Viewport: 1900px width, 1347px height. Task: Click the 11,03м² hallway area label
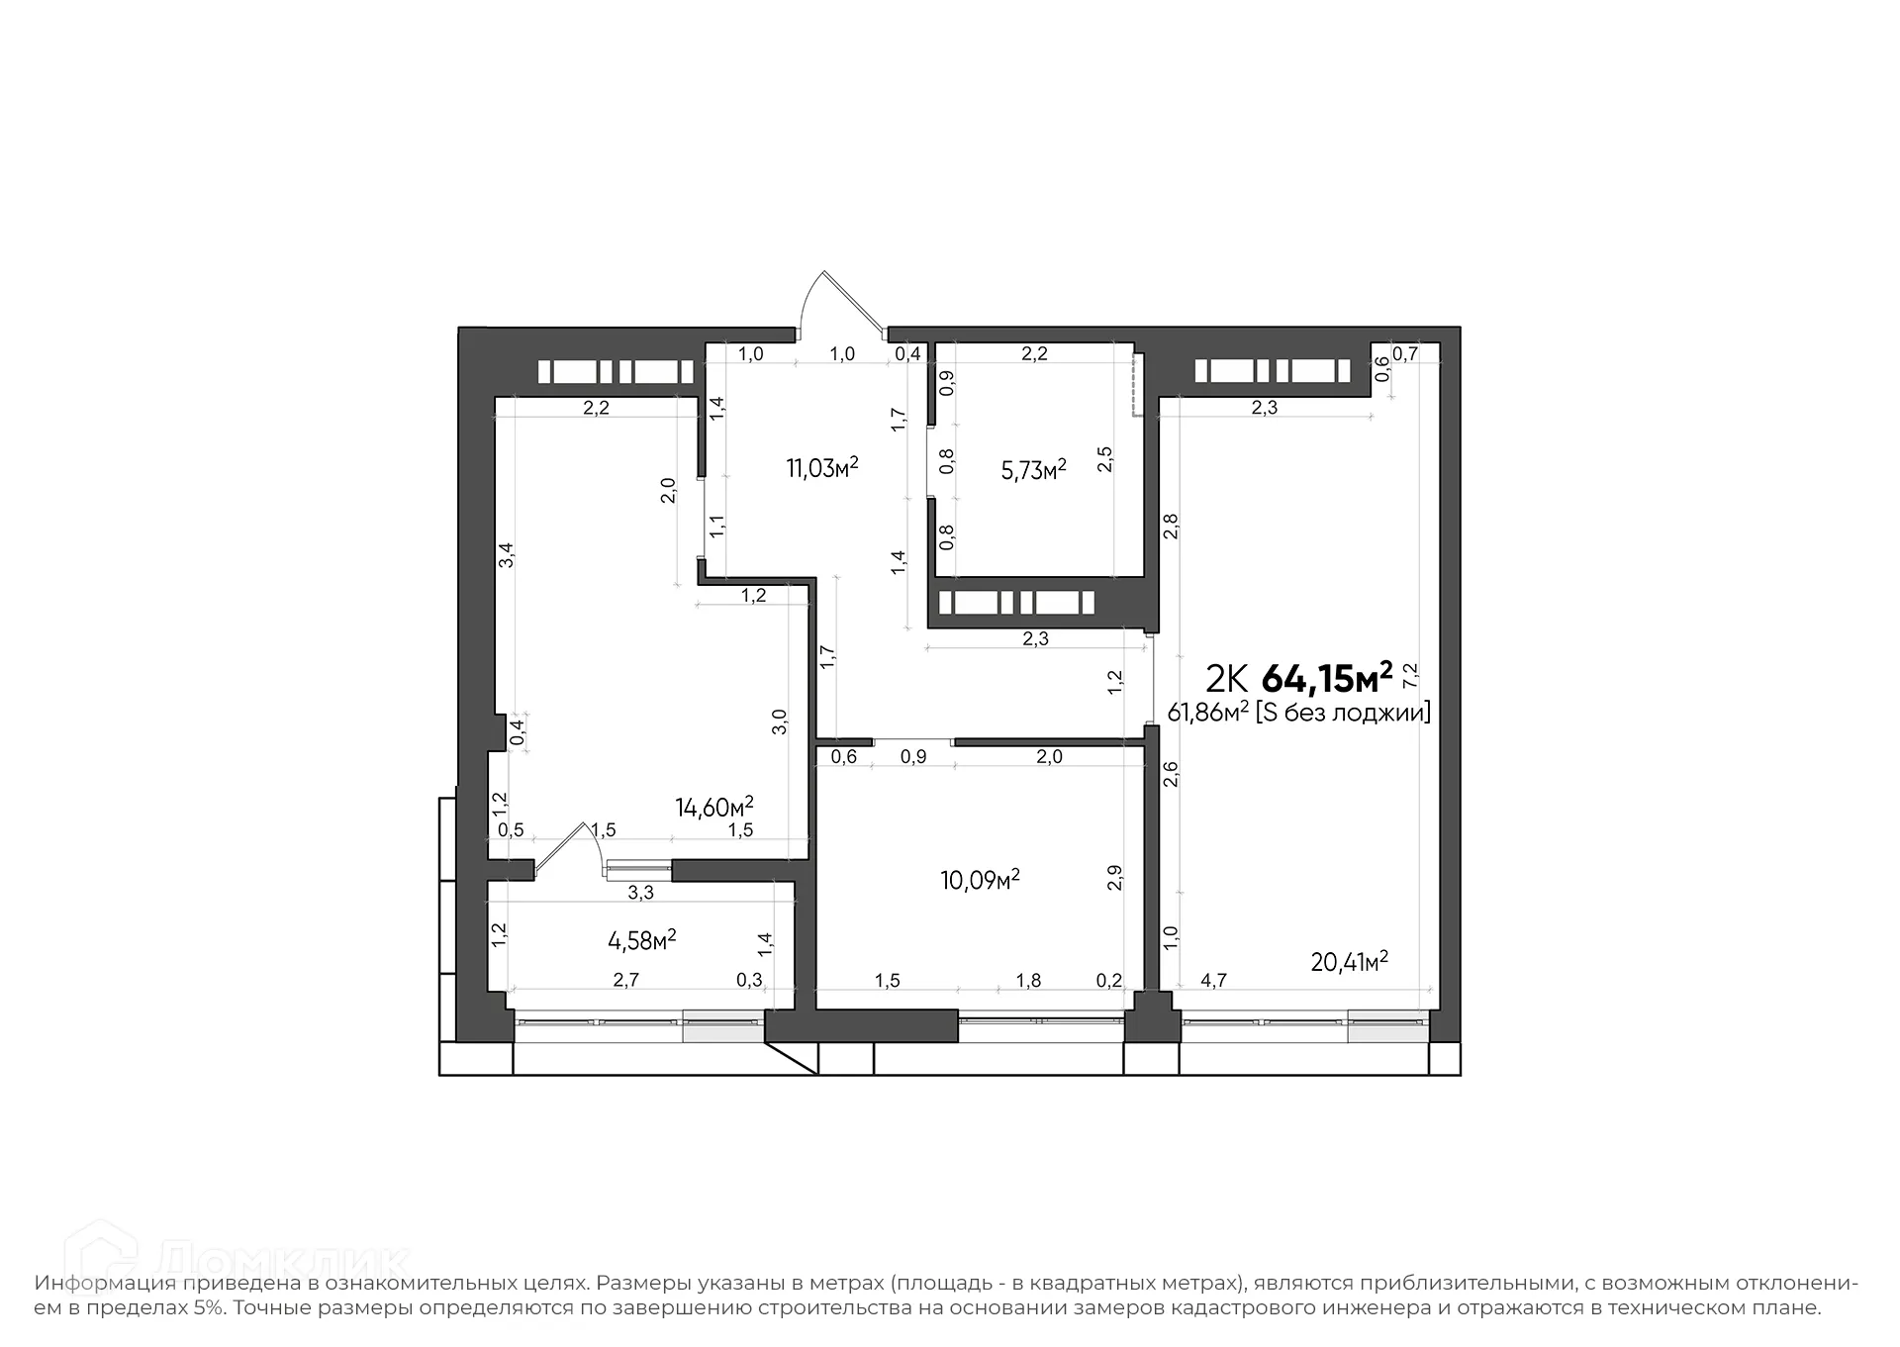821,467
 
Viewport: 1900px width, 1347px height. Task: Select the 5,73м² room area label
1033,469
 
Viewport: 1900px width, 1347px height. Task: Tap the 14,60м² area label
714,807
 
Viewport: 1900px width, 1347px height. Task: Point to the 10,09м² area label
980,879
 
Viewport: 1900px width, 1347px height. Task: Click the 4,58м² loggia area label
641,939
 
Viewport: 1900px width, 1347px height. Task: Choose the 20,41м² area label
1349,961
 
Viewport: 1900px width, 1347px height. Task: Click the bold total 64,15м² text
1327,679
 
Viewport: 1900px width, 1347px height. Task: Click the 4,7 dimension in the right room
1213,981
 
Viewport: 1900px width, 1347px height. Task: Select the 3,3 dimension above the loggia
641,893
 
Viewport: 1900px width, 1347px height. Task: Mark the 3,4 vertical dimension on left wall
506,554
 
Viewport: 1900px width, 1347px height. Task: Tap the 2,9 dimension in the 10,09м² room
1115,878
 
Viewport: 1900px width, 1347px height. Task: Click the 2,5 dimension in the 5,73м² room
1105,459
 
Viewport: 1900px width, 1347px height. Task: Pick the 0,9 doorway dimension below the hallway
913,757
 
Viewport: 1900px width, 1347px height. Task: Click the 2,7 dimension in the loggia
626,981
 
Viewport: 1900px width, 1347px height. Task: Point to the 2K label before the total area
1225,680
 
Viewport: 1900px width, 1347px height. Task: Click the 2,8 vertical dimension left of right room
1171,526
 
